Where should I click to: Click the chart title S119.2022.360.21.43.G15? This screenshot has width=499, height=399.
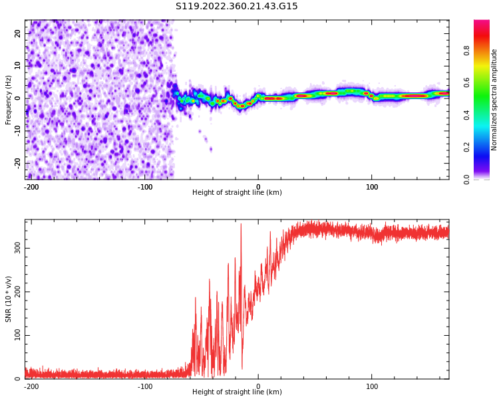click(236, 7)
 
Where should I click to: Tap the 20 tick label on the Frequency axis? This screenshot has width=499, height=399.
click(18, 33)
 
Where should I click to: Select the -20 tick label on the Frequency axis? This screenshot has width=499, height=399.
click(17, 163)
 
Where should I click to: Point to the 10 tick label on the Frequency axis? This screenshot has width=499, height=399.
click(18, 66)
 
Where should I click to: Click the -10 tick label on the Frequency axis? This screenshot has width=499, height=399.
click(17, 130)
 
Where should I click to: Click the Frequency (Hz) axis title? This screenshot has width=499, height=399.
click(9, 100)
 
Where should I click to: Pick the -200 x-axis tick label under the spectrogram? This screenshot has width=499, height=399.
click(31, 187)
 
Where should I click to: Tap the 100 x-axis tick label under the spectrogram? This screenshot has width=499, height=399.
click(372, 187)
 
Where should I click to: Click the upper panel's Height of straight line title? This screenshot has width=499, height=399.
click(237, 193)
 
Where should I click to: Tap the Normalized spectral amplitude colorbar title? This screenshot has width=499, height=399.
click(494, 100)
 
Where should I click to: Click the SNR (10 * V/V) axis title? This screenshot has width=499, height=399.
click(9, 299)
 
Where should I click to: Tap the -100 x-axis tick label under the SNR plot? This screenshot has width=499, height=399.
click(145, 386)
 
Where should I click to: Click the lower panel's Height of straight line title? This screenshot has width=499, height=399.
click(237, 392)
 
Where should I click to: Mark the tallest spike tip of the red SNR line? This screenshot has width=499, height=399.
click(241, 224)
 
